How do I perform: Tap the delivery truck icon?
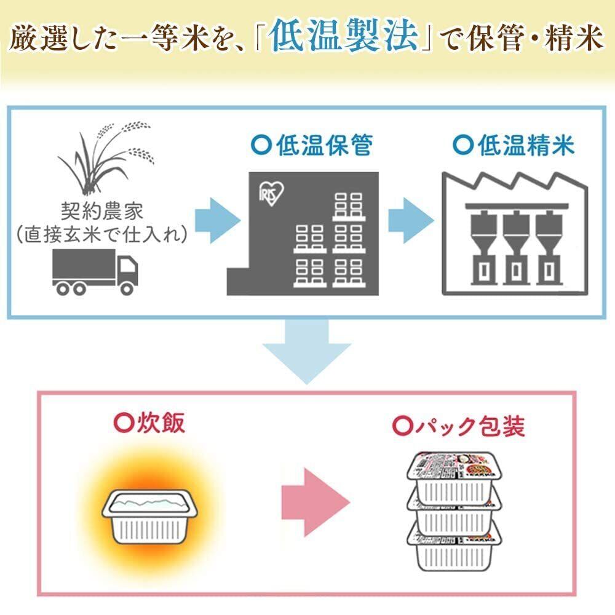pos(95,271)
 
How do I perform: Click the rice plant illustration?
pos(105,157)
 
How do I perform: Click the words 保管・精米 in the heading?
pos(541,38)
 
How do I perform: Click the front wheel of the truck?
pos(125,288)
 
